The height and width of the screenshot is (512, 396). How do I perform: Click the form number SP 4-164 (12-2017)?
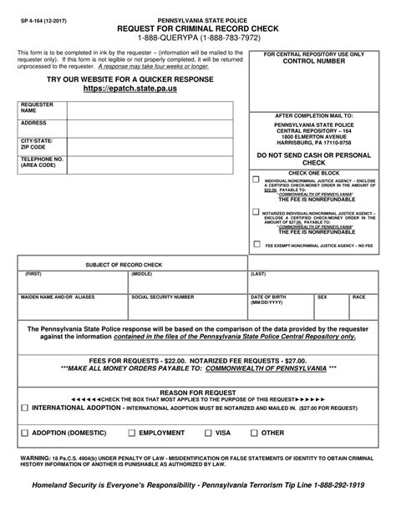40,18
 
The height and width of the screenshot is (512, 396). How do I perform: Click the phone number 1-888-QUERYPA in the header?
197,36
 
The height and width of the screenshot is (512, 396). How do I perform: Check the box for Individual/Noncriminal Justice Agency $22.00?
256,180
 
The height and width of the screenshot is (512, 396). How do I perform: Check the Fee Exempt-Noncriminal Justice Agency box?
256,246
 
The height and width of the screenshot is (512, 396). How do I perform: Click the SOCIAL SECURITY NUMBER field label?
162,297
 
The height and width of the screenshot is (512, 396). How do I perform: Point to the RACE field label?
358,297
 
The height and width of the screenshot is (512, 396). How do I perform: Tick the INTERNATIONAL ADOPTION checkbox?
24,406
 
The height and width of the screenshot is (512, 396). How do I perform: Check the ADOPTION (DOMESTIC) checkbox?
24,433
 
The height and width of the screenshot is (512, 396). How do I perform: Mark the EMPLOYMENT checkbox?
131,433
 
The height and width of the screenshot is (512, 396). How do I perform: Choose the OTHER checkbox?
254,433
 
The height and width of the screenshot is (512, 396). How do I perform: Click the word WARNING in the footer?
35,459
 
